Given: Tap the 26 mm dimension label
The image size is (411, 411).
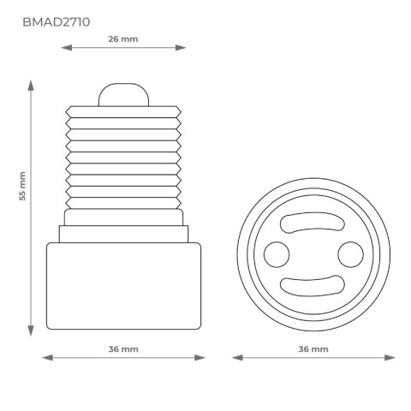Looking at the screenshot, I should click(123, 39).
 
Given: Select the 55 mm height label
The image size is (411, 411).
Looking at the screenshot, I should click(23, 206).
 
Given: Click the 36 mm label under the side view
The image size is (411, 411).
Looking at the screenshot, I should click(123, 349).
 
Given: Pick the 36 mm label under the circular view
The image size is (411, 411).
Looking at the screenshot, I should click(313, 349).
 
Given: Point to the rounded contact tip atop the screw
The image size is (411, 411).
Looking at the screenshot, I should click(123, 93).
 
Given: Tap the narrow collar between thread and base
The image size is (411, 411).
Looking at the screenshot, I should click(123, 231).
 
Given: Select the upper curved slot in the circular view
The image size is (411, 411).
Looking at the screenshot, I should click(313, 222).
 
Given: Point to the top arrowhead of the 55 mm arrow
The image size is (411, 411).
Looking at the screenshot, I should click(32, 85).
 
